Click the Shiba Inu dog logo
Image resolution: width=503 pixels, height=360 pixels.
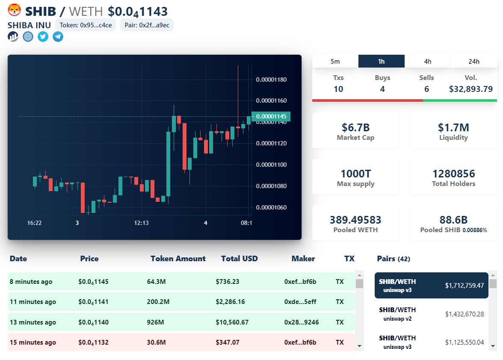(x=15, y=10)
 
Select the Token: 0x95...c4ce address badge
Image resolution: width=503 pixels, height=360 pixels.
(x=86, y=25)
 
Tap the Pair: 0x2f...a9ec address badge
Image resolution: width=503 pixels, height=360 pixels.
(x=147, y=25)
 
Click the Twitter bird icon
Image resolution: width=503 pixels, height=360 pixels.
(x=43, y=37)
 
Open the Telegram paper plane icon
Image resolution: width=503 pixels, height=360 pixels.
(x=58, y=37)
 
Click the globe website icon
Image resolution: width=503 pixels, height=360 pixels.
(x=28, y=37)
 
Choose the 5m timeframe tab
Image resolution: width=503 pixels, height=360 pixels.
(x=335, y=61)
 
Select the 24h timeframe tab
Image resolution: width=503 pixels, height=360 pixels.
(x=474, y=61)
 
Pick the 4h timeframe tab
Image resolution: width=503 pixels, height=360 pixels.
(x=428, y=61)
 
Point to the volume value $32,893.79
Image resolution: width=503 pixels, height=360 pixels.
(x=470, y=89)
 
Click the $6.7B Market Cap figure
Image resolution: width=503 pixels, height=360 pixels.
(x=355, y=127)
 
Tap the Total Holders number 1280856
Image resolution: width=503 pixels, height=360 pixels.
(x=453, y=174)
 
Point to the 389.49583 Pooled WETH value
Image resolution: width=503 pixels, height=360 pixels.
(x=355, y=220)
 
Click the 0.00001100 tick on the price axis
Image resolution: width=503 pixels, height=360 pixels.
(x=271, y=165)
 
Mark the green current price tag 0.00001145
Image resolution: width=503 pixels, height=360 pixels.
(x=271, y=116)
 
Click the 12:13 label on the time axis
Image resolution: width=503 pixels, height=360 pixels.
(x=141, y=223)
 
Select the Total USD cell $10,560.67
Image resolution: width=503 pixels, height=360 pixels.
(x=232, y=322)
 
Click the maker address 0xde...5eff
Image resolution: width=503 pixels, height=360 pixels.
(x=300, y=302)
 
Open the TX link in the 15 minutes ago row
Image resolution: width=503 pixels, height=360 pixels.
(x=340, y=342)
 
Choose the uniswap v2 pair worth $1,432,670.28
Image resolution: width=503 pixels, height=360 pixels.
(x=431, y=314)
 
